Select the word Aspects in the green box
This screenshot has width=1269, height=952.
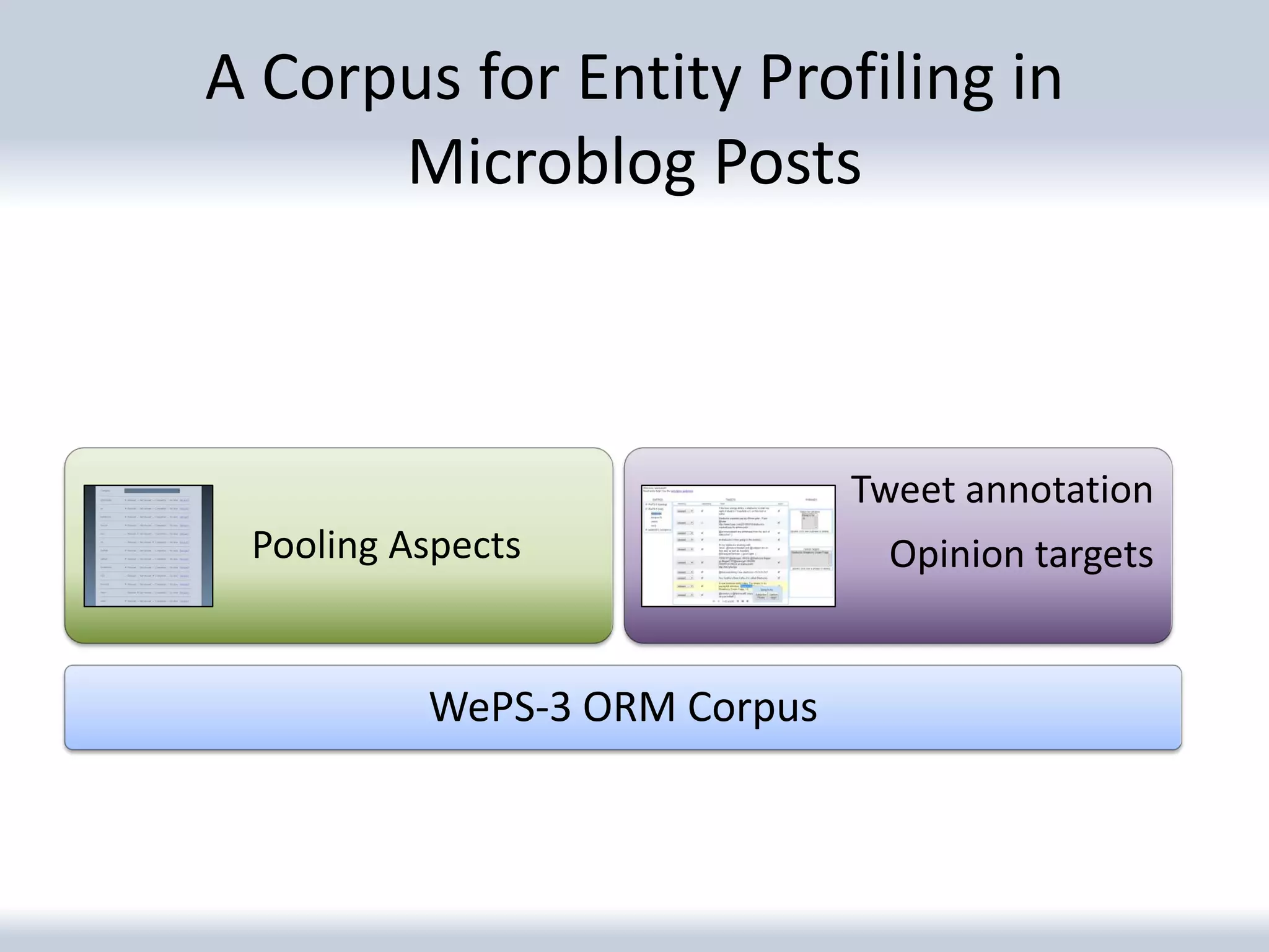(x=454, y=545)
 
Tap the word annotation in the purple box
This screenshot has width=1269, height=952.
(x=1059, y=490)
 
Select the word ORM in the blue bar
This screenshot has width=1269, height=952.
(x=628, y=707)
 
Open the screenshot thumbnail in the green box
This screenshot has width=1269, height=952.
(x=148, y=545)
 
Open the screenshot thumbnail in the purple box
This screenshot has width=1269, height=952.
(x=738, y=545)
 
